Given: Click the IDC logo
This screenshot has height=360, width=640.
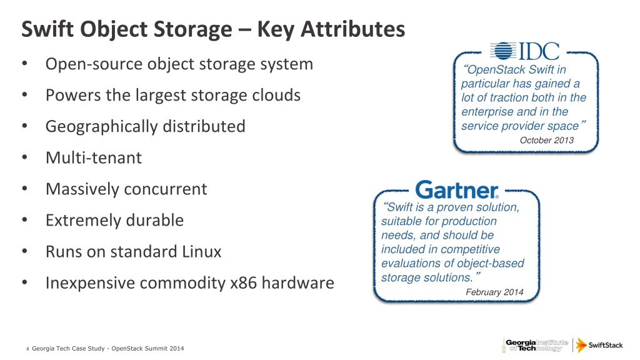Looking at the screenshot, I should click(x=524, y=51).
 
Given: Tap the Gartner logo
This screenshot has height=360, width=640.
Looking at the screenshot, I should click(x=456, y=189).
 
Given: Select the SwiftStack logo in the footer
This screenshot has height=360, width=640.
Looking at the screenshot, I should click(x=599, y=345).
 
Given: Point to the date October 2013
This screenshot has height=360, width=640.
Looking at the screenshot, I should click(x=546, y=141).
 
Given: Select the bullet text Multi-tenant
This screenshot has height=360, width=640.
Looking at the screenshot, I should click(x=94, y=157).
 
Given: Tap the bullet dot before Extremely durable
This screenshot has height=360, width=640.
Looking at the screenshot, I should click(x=23, y=220).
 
